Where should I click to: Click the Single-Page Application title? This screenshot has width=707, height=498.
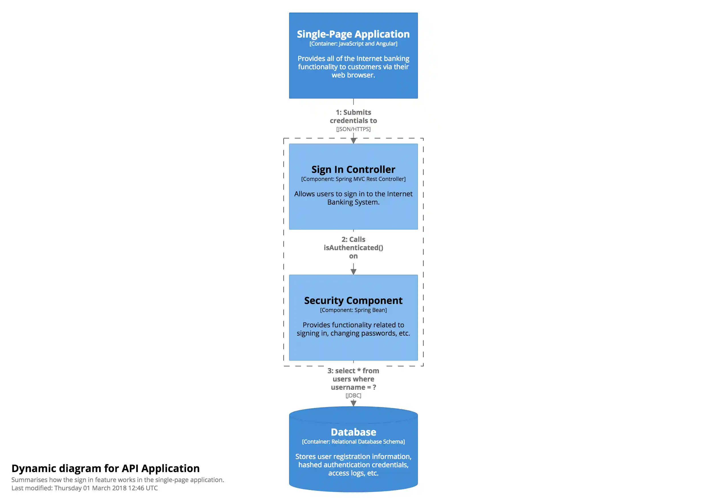tap(353, 34)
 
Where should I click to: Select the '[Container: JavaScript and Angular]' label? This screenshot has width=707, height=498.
tap(353, 44)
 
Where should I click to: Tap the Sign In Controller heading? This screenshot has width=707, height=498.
tap(353, 170)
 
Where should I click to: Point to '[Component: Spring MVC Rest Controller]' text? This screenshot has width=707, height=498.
tap(353, 179)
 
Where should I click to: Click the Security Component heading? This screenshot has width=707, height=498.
tap(353, 301)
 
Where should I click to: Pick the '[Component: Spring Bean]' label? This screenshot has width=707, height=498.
tap(353, 310)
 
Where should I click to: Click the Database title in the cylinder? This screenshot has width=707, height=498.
tap(353, 432)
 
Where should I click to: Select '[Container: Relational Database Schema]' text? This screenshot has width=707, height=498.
tap(353, 442)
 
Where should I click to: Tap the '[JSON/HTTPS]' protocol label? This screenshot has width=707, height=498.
tap(353, 129)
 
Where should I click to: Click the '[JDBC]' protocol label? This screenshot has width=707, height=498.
tap(353, 396)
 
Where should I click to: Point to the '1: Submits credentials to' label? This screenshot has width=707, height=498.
tap(353, 117)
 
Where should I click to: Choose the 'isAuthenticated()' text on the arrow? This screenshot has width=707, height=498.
tap(353, 248)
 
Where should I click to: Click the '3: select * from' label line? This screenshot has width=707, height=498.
tap(353, 371)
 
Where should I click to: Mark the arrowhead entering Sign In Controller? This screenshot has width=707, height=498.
tap(353, 141)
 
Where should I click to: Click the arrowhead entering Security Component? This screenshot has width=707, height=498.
tap(353, 272)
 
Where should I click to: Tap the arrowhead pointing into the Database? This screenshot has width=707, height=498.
tap(353, 403)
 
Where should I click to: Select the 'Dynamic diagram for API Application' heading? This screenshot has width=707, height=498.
tap(105, 468)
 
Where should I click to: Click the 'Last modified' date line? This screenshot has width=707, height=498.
tap(85, 488)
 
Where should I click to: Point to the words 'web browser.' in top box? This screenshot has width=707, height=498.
tap(353, 75)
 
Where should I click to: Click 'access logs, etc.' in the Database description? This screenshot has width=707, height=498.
tap(353, 473)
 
